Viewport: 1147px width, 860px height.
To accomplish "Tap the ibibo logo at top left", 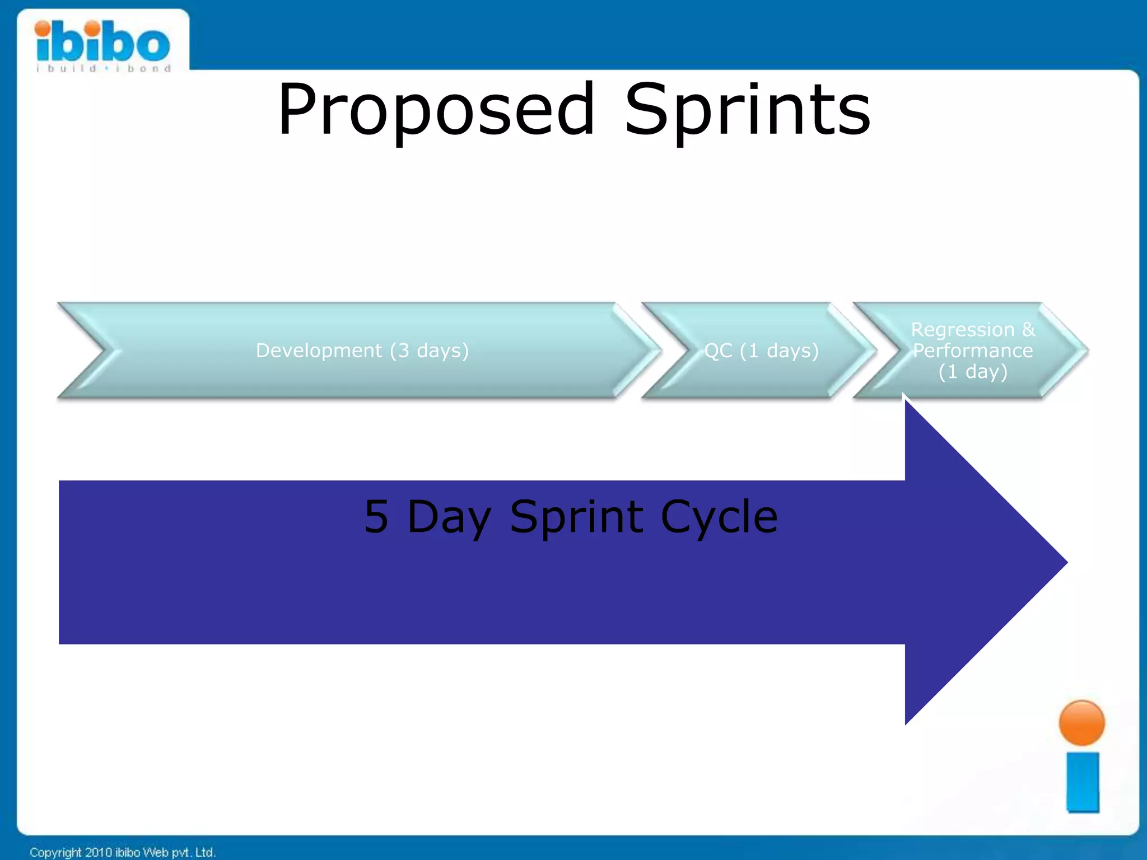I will [102, 42].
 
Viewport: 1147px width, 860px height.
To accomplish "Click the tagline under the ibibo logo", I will [104, 69].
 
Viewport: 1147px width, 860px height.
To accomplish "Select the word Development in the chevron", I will [319, 350].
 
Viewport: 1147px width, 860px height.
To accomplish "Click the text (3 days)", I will [430, 350].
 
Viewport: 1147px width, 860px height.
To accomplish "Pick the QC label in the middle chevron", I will [718, 350].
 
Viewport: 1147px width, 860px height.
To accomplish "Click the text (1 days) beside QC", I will [779, 350].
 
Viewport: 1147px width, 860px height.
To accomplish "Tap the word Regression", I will [962, 329].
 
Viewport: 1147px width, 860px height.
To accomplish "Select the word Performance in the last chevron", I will [973, 350].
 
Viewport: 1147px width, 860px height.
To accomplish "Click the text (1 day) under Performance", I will [973, 372].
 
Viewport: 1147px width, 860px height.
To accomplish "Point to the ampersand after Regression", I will [1028, 329].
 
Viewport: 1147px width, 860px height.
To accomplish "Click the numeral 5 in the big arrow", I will [376, 516].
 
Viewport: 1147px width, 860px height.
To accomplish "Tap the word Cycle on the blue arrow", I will [719, 516].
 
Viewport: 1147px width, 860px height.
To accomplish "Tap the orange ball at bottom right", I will [1081, 723].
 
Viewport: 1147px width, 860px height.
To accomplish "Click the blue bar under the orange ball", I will [1082, 782].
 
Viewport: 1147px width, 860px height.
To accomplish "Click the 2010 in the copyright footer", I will [99, 852].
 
